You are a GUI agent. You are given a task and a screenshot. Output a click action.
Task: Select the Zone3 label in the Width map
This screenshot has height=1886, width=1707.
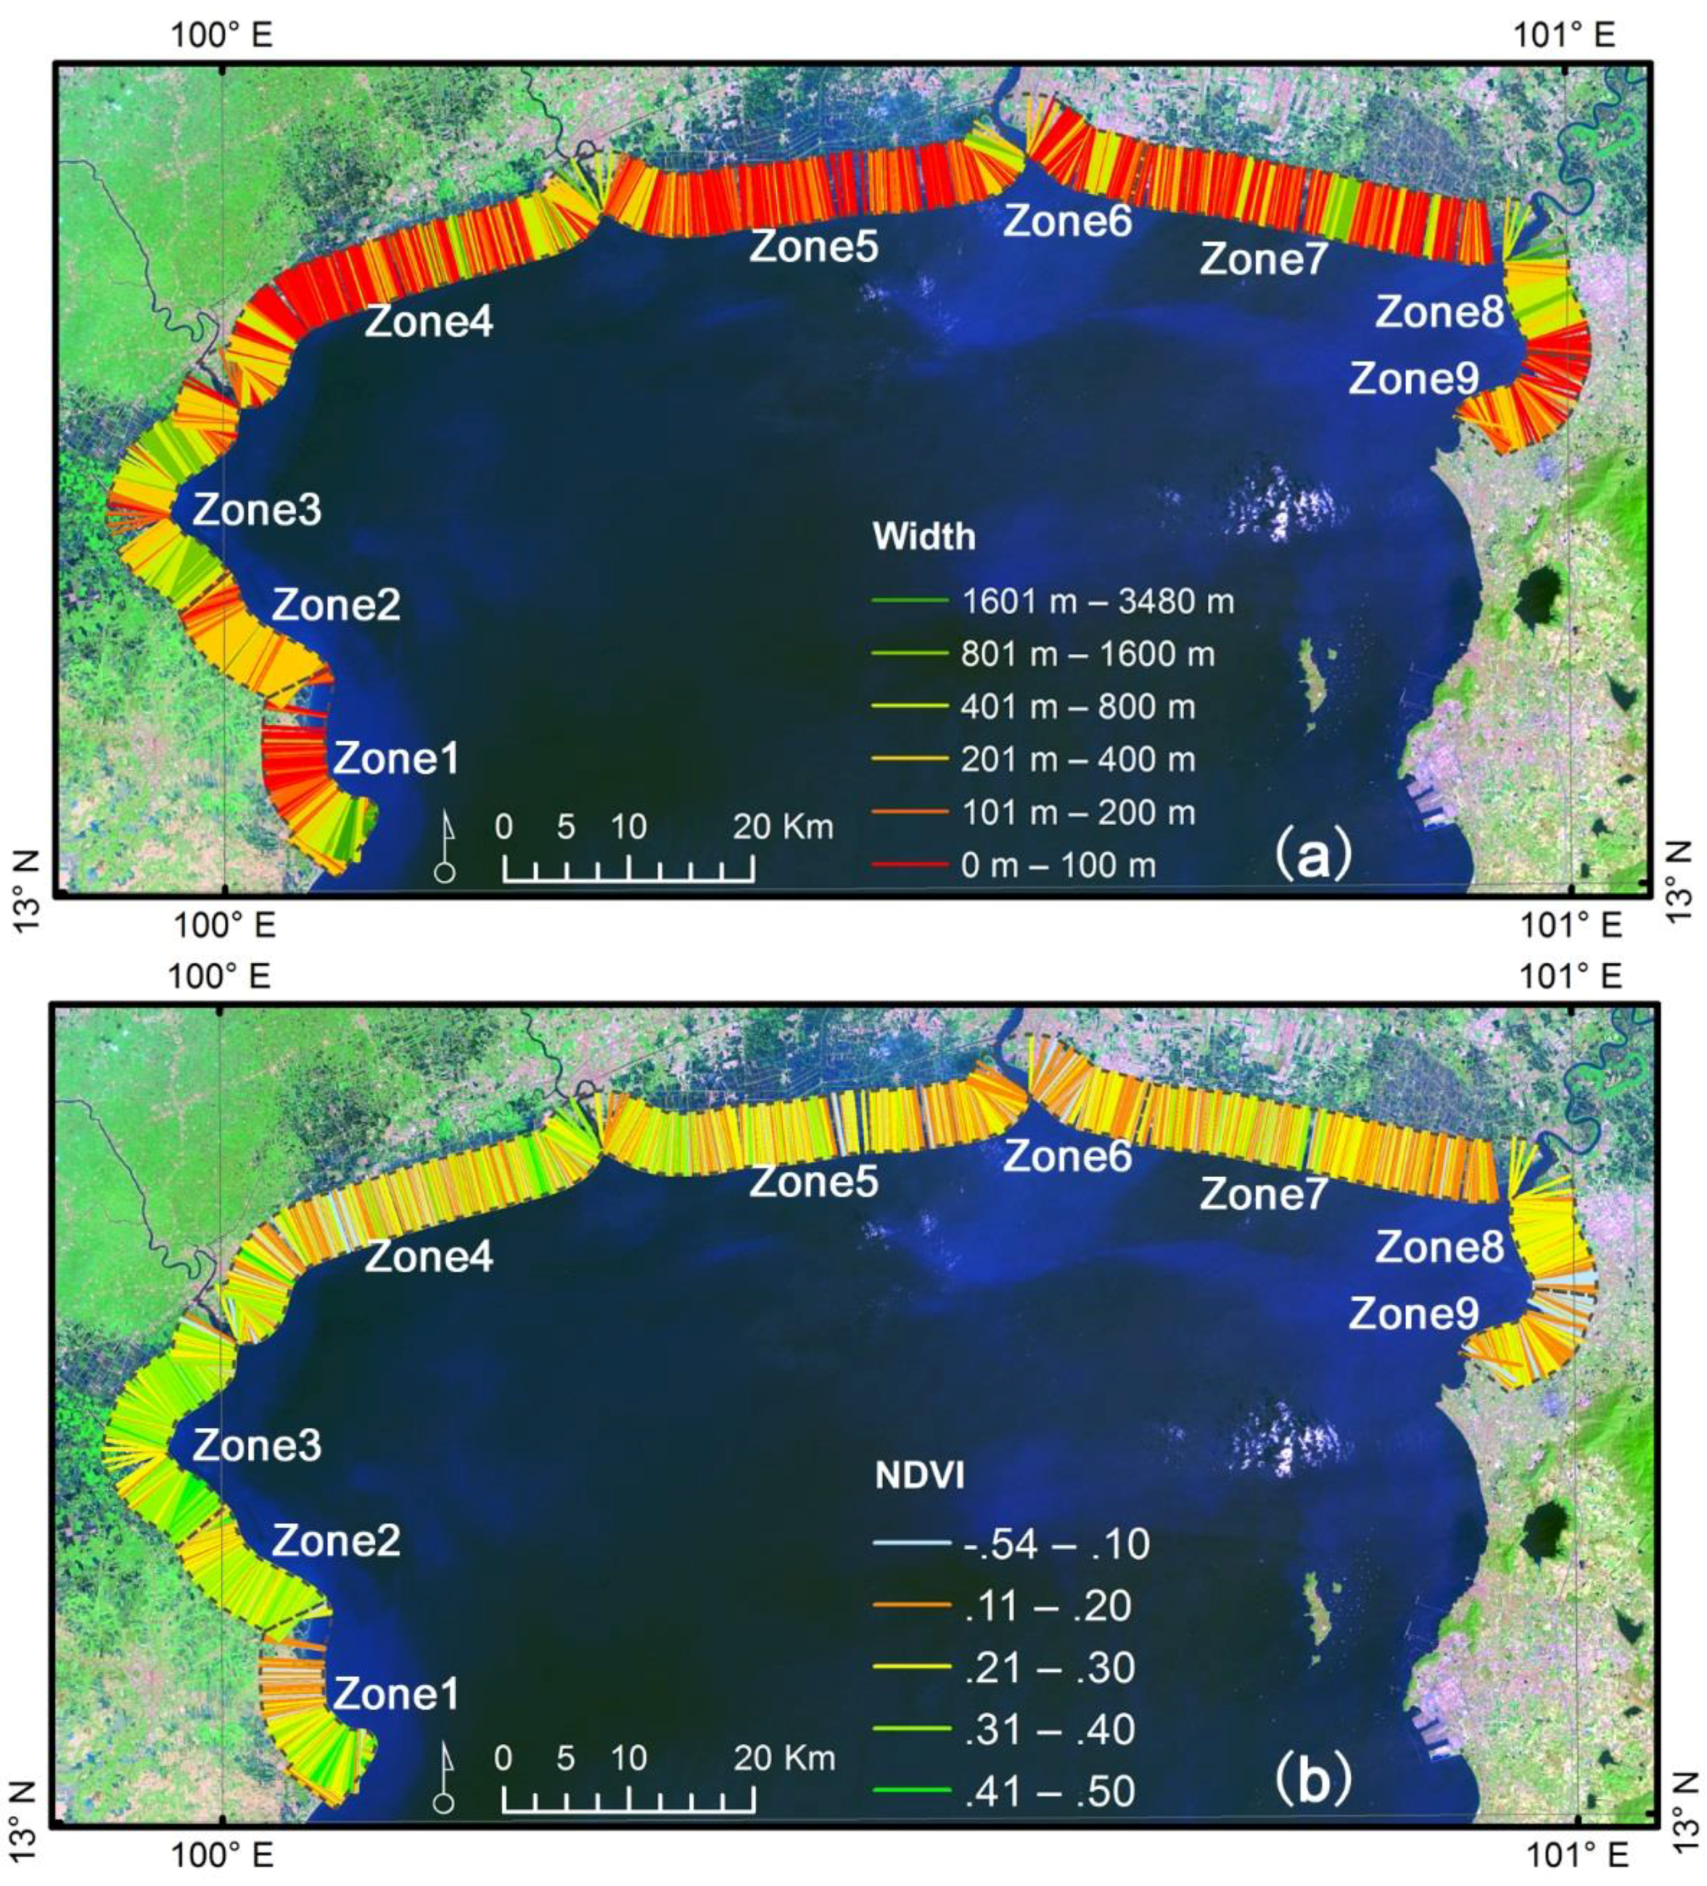click(257, 511)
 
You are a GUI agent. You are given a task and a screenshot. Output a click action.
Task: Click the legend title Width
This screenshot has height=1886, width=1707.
click(923, 537)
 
